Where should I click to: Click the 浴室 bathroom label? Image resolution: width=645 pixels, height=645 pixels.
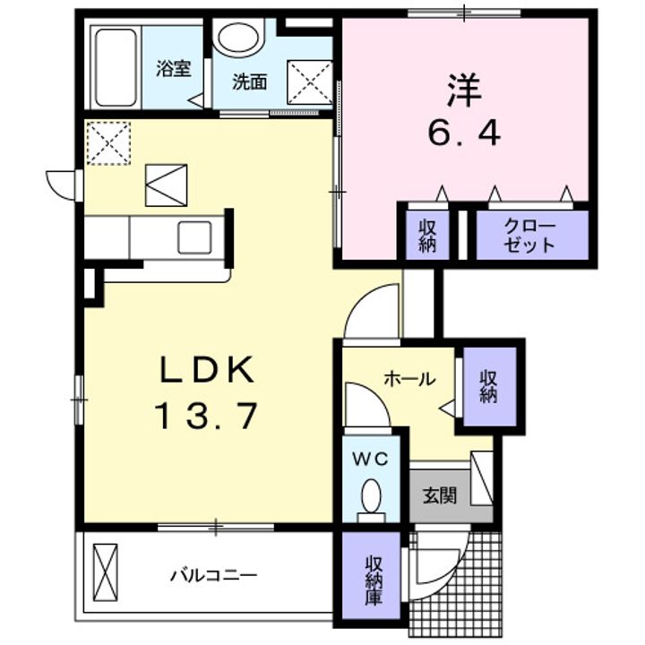[x=173, y=70]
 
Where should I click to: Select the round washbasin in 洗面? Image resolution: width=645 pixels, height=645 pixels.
[x=237, y=39]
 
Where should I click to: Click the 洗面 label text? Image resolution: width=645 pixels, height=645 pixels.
[x=249, y=82]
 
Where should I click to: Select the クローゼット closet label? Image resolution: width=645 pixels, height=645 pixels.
[x=529, y=236]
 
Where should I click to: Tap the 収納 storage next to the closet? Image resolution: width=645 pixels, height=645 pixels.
[x=426, y=236]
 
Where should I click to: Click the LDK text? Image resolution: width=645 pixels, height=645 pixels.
[x=209, y=368]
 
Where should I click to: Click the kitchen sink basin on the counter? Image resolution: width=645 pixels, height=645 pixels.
[x=194, y=237]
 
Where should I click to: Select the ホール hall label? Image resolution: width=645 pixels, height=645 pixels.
[x=409, y=379]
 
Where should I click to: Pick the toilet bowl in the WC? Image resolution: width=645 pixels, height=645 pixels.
[x=370, y=494]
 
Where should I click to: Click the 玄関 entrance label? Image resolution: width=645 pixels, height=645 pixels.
[x=439, y=494]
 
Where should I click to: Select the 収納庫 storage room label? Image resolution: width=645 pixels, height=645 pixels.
[x=373, y=580]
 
